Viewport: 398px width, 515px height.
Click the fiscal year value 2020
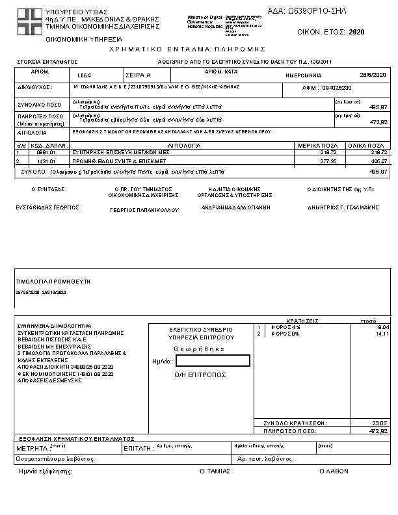[x=357, y=31]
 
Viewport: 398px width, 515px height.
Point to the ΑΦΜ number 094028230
[x=337, y=87]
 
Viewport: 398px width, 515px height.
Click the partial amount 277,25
[x=328, y=160]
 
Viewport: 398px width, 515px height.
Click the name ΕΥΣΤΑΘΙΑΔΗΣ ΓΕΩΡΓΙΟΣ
[x=47, y=207]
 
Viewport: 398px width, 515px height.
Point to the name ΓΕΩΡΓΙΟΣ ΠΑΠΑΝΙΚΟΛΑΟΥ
[x=144, y=210]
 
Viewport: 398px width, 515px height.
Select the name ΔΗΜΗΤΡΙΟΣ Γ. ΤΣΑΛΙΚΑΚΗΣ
[x=343, y=207]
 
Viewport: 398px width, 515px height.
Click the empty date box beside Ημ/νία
[x=213, y=361]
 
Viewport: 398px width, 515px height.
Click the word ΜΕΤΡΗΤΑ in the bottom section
[x=31, y=449]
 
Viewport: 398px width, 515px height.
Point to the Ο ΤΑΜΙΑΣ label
[x=215, y=470]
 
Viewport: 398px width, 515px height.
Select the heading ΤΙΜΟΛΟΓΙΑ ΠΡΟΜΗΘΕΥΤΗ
[x=53, y=282]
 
